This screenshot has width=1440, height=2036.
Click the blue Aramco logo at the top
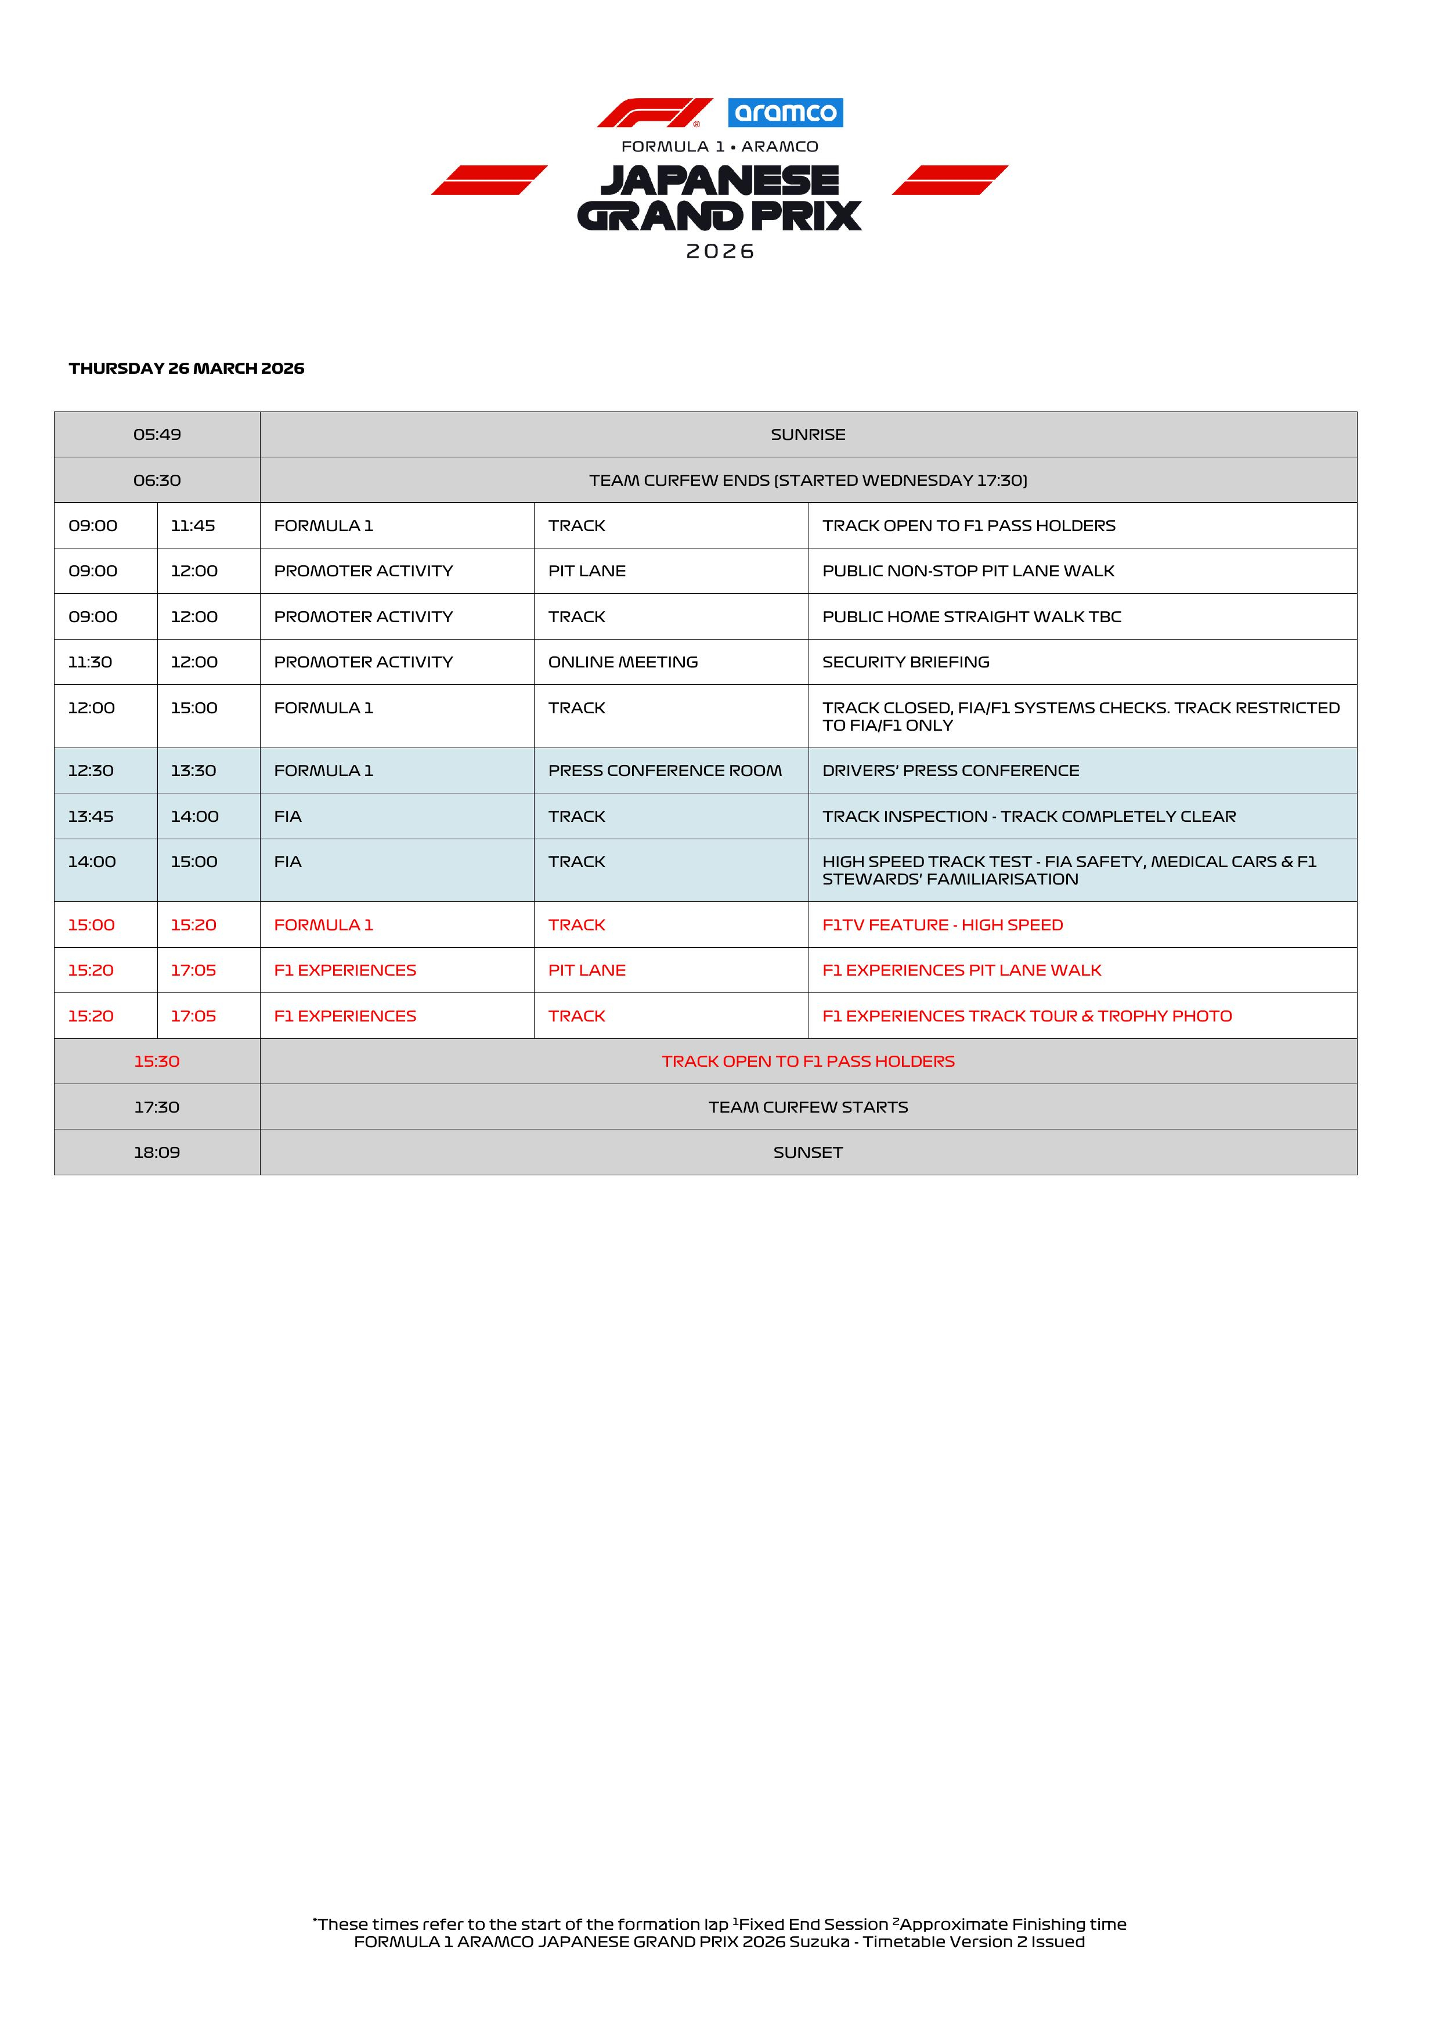click(x=785, y=113)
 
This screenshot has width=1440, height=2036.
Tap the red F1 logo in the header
click(x=654, y=113)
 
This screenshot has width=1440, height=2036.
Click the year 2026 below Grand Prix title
click(x=720, y=252)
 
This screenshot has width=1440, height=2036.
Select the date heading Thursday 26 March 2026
click(x=186, y=368)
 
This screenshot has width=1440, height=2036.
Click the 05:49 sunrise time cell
click(x=157, y=435)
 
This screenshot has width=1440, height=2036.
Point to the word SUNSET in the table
click(x=808, y=1152)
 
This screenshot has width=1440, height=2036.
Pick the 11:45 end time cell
click(x=193, y=526)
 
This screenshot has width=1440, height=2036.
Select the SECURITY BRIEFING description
click(x=905, y=662)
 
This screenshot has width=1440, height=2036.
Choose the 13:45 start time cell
click(x=91, y=816)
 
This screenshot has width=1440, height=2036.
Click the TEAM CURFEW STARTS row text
click(x=808, y=1107)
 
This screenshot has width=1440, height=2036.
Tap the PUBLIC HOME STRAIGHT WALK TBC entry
click(x=971, y=616)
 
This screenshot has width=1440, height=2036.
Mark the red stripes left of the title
click(x=489, y=180)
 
